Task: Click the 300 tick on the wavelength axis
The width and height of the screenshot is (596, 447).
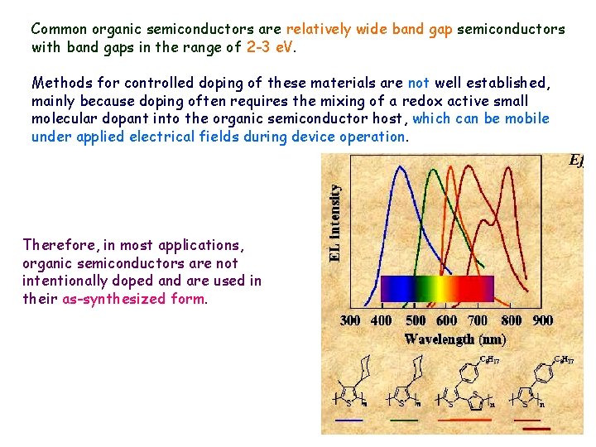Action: tap(351, 320)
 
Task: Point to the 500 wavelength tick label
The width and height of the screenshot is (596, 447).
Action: tap(416, 320)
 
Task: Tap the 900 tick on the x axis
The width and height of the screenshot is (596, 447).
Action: tap(543, 320)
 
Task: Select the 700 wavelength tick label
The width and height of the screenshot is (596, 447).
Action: tap(478, 320)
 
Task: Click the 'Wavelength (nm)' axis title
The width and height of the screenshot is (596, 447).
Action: tap(454, 339)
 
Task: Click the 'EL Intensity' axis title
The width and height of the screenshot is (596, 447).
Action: tap(335, 223)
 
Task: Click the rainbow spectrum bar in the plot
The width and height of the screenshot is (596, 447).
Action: tap(436, 288)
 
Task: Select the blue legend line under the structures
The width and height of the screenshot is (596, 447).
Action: tap(348, 420)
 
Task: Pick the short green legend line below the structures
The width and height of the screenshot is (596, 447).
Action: tap(403, 420)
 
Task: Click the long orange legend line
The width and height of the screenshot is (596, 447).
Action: tap(464, 420)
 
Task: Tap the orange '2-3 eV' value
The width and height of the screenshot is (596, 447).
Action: tap(270, 47)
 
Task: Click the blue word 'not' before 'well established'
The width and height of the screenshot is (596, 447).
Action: tap(418, 83)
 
